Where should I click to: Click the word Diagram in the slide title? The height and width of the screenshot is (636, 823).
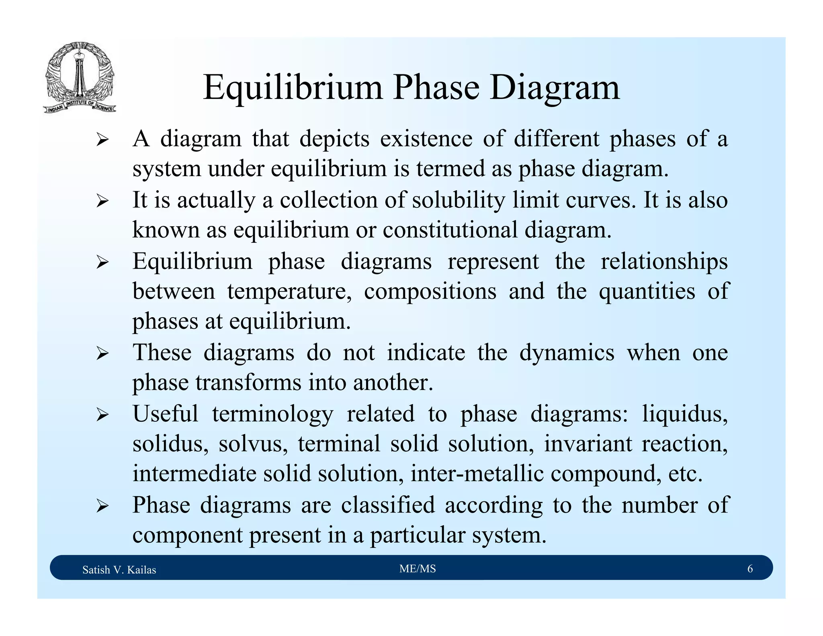(x=555, y=88)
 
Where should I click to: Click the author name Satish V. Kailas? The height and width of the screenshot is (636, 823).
(x=119, y=570)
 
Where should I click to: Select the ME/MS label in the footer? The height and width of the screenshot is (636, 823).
(x=418, y=568)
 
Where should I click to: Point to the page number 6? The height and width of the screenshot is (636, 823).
(x=750, y=568)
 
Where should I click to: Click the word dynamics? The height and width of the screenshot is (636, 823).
(x=567, y=353)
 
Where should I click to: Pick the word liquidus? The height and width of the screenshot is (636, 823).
(x=685, y=414)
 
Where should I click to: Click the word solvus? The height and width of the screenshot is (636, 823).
(x=253, y=444)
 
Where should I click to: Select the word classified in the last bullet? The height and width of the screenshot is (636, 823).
(x=388, y=505)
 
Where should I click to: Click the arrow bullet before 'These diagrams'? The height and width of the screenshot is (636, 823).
(x=102, y=354)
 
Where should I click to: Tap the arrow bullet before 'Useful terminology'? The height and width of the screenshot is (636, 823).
(x=102, y=415)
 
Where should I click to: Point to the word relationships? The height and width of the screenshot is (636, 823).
(x=664, y=262)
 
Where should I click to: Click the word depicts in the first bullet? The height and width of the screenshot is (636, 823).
(x=334, y=139)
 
